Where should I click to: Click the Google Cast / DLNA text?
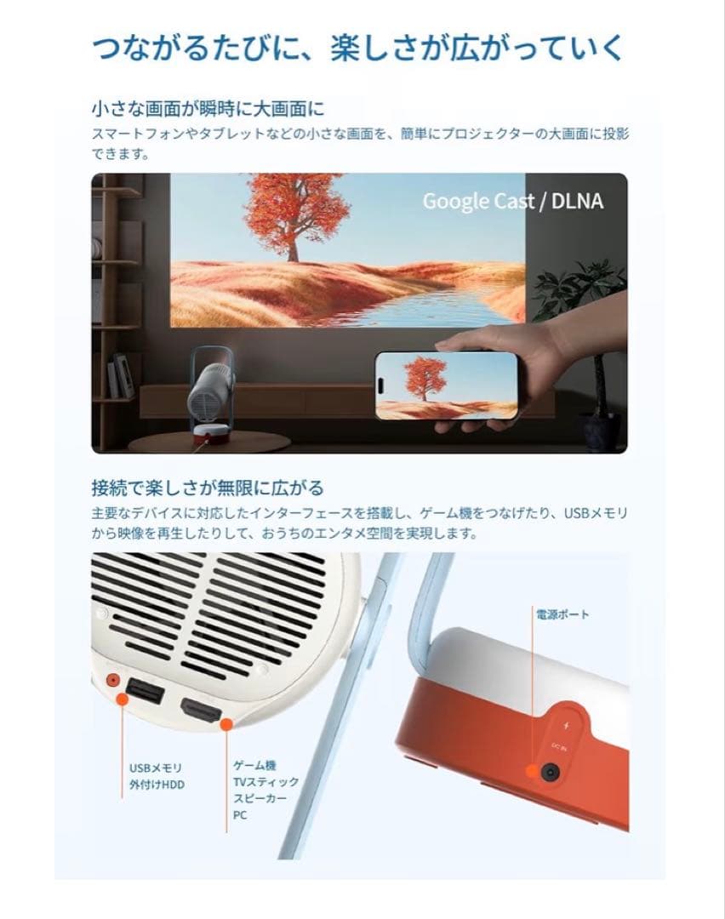click(512, 201)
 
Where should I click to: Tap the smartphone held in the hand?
click(448, 385)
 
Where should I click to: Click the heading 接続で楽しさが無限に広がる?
click(208, 488)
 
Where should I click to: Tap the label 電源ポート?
click(562, 614)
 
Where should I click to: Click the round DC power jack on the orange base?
click(550, 772)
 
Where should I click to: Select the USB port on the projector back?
click(146, 690)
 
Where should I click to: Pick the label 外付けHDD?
click(157, 784)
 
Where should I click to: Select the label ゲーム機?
click(254, 766)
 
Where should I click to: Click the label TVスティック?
click(265, 783)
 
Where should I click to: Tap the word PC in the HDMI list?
click(241, 815)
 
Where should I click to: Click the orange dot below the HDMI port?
click(226, 724)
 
